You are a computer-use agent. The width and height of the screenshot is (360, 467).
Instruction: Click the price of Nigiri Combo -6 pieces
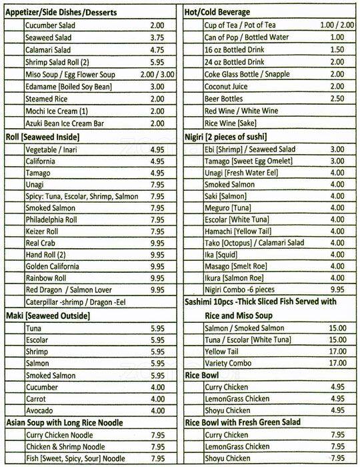click(337, 290)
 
